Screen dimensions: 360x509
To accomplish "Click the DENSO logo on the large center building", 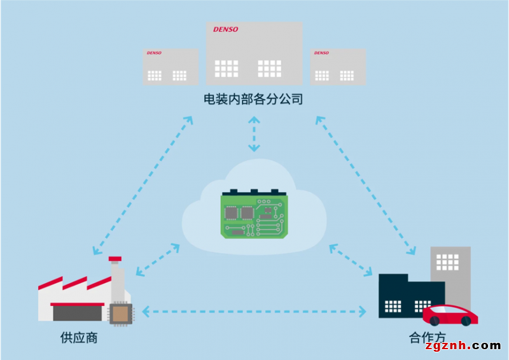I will pos(226,29).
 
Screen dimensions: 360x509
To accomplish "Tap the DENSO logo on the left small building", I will pos(154,53).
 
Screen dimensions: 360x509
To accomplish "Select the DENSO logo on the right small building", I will pos(321,53).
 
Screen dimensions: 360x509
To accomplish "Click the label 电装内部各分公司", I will pos(253,99).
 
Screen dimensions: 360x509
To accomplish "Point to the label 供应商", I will pos(74,337).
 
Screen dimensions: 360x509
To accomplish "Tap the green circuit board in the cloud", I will pos(253,213).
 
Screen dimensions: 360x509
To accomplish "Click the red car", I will pos(450,314).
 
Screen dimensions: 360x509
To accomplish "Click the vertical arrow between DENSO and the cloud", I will pos(254,134).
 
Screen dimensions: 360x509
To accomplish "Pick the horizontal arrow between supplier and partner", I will pos(254,311).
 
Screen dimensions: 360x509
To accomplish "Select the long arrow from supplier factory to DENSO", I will pos(143,184).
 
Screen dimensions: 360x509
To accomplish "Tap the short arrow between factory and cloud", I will pos(158,260).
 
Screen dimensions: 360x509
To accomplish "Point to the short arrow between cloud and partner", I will pos(351,260).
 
